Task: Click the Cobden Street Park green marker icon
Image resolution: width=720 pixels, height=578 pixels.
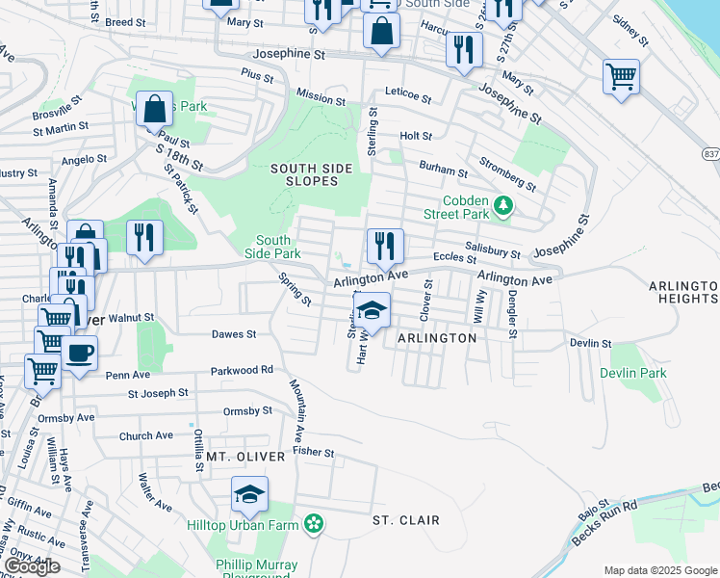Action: pos(501,205)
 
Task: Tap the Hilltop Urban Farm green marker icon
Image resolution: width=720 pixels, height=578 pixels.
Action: pos(313,524)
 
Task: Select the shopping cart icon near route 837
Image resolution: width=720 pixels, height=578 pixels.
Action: pos(621,76)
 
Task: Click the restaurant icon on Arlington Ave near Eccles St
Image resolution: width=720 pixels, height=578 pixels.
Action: pos(384,246)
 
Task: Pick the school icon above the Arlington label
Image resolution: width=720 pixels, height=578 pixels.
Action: pos(371,311)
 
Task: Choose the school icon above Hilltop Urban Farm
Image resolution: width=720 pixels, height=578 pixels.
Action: pos(249,495)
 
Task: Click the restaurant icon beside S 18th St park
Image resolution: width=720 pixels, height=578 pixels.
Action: pos(144,238)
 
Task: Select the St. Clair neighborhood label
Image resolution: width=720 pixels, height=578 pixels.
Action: pos(405,520)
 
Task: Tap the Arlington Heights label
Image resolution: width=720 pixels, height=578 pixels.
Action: pos(683,293)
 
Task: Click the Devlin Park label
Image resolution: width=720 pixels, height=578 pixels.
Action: pos(632,373)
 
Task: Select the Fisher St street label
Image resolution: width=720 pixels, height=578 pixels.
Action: pos(313,452)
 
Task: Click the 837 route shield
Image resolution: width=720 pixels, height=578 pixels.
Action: pos(710,154)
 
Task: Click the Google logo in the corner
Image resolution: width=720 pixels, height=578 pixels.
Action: pos(31,565)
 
